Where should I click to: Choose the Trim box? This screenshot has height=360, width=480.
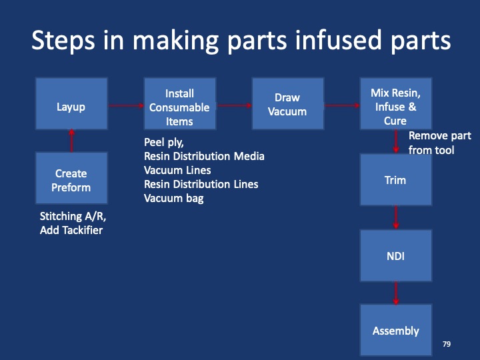[x=395, y=180]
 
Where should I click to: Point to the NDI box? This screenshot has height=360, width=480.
[x=395, y=255]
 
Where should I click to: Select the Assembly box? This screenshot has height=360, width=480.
[x=395, y=331]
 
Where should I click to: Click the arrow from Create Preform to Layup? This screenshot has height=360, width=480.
[x=71, y=141]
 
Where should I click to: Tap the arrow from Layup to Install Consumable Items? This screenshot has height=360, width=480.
[x=125, y=105]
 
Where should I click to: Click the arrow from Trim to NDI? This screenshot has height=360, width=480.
[x=396, y=217]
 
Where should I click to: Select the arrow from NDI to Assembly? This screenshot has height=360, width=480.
[x=396, y=293]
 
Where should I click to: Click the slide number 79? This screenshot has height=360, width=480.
[x=447, y=344]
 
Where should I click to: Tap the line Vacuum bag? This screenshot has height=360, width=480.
[x=174, y=198]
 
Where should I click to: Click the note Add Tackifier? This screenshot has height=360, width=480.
[x=72, y=230]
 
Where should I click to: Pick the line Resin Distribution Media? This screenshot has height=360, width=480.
[x=204, y=156]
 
